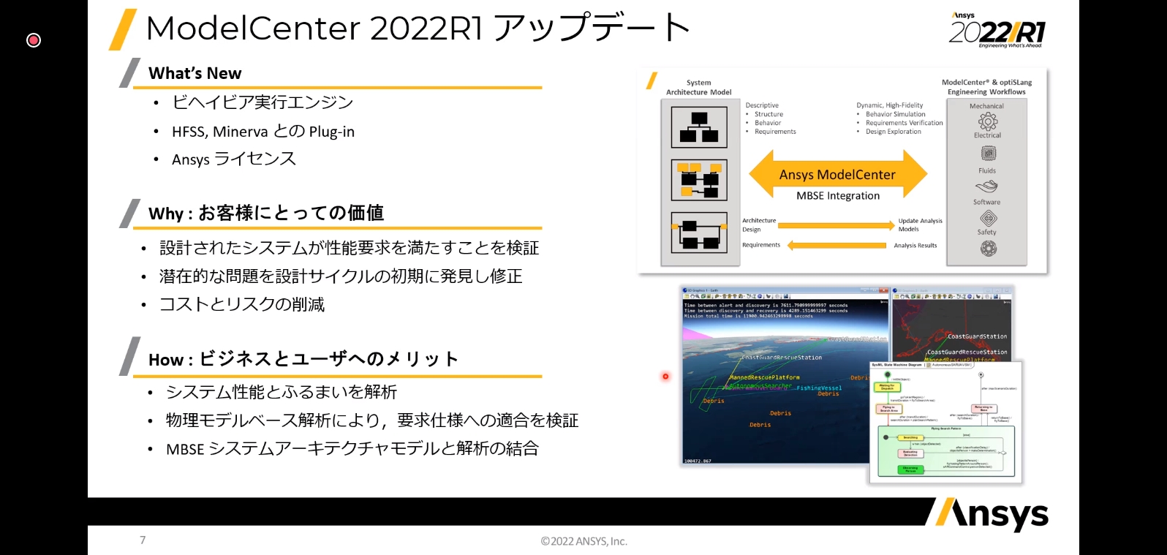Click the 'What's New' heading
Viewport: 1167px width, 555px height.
pyautogui.click(x=194, y=73)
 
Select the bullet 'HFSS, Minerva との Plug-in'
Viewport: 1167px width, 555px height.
pyautogui.click(x=263, y=132)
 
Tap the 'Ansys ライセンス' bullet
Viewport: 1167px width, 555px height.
pyautogui.click(x=234, y=159)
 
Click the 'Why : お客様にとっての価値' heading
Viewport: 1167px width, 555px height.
pyautogui.click(x=265, y=213)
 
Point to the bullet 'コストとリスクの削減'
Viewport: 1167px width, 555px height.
pyautogui.click(x=242, y=304)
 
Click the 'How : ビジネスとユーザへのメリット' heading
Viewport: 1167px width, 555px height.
pyautogui.click(x=303, y=359)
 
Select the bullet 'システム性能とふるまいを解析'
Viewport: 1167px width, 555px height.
pyautogui.click(x=282, y=392)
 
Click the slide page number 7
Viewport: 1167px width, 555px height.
pyautogui.click(x=143, y=540)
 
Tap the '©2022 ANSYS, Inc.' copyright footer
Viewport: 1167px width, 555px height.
pyautogui.click(x=583, y=541)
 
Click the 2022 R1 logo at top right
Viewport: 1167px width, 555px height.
pyautogui.click(x=997, y=31)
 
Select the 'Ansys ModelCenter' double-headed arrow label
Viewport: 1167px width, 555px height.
pyautogui.click(x=837, y=175)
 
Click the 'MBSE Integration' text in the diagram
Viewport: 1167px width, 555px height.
pyautogui.click(x=838, y=196)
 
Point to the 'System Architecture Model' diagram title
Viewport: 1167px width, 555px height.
pyautogui.click(x=698, y=87)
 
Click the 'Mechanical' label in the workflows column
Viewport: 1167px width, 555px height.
pyautogui.click(x=986, y=106)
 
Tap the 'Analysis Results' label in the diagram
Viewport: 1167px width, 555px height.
pyautogui.click(x=915, y=246)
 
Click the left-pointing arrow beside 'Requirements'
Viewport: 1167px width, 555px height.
pyautogui.click(x=836, y=246)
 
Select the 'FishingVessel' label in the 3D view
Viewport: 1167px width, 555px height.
pyautogui.click(x=819, y=388)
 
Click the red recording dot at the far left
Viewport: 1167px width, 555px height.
pyautogui.click(x=34, y=40)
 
